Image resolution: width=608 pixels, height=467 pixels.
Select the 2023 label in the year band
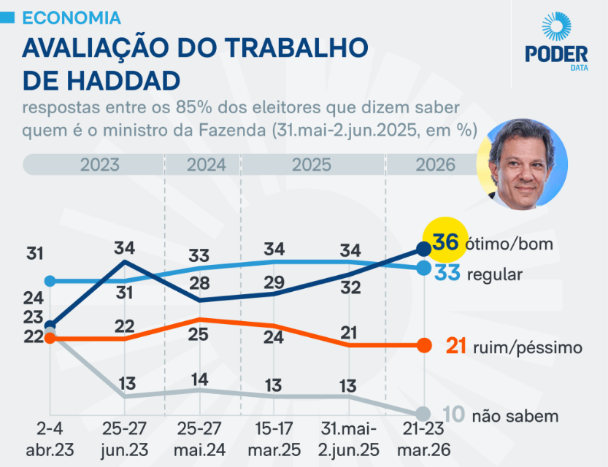100,165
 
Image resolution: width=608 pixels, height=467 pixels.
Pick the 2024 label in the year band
207,165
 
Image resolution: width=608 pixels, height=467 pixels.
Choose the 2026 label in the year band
435,165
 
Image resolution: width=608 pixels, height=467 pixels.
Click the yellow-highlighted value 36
445,242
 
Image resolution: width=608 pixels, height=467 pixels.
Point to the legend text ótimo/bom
509,244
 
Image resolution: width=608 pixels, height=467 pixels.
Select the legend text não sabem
515,416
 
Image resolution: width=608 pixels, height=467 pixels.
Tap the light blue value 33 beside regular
446,274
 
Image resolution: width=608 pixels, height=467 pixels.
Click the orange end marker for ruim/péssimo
423,345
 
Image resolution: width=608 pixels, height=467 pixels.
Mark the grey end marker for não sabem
423,413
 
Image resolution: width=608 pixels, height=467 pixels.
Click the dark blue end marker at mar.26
423,248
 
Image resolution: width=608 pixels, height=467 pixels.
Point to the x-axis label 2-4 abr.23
49,438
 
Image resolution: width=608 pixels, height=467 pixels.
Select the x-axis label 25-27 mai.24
199,438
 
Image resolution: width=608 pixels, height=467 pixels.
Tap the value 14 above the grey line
199,379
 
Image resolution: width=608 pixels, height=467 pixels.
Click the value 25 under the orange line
199,335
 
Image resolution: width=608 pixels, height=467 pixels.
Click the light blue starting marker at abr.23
50,281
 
